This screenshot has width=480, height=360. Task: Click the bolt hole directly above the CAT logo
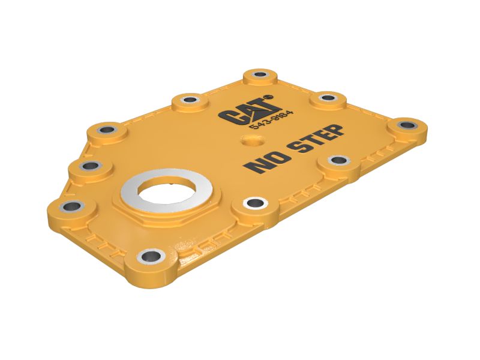[x=259, y=76]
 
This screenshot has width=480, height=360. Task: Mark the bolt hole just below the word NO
[x=253, y=204]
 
